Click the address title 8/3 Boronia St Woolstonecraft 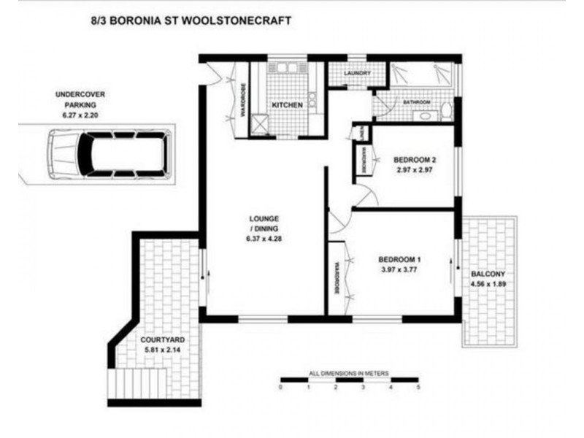point(191,20)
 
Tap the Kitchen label point(287,105)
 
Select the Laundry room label point(357,73)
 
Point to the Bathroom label point(417,102)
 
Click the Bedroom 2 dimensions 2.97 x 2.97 point(414,170)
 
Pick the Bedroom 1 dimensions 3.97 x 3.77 point(399,269)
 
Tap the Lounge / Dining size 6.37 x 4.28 point(264,239)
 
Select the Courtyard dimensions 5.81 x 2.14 point(162,350)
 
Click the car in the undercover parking point(109,154)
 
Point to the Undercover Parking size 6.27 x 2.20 point(80,115)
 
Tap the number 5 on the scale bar point(418,388)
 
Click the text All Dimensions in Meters point(349,373)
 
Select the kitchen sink point(286,68)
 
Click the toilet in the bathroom point(446,110)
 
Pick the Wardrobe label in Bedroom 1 point(337,279)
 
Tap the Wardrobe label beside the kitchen point(242,100)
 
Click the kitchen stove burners point(312,100)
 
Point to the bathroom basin point(425,116)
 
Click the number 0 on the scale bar point(280,388)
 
